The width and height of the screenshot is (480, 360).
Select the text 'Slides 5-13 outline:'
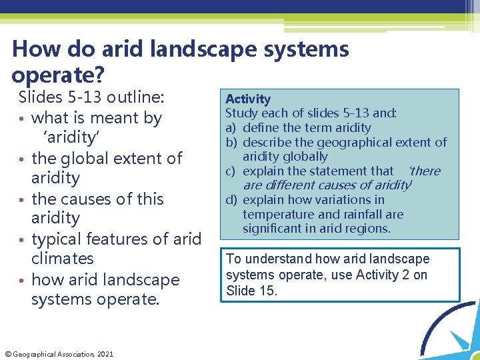click(91, 97)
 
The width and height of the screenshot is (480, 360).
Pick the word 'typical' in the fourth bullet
click(58, 239)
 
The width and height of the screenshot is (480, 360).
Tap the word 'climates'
click(63, 259)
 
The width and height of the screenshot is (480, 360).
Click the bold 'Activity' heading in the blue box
click(248, 99)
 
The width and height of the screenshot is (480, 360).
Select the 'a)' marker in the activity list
click(231, 128)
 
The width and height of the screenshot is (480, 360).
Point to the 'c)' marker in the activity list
click(231, 171)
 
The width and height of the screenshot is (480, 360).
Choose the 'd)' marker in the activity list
click(231, 200)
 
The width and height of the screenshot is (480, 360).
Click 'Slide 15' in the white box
click(253, 290)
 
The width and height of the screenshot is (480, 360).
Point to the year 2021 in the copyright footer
click(105, 354)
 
